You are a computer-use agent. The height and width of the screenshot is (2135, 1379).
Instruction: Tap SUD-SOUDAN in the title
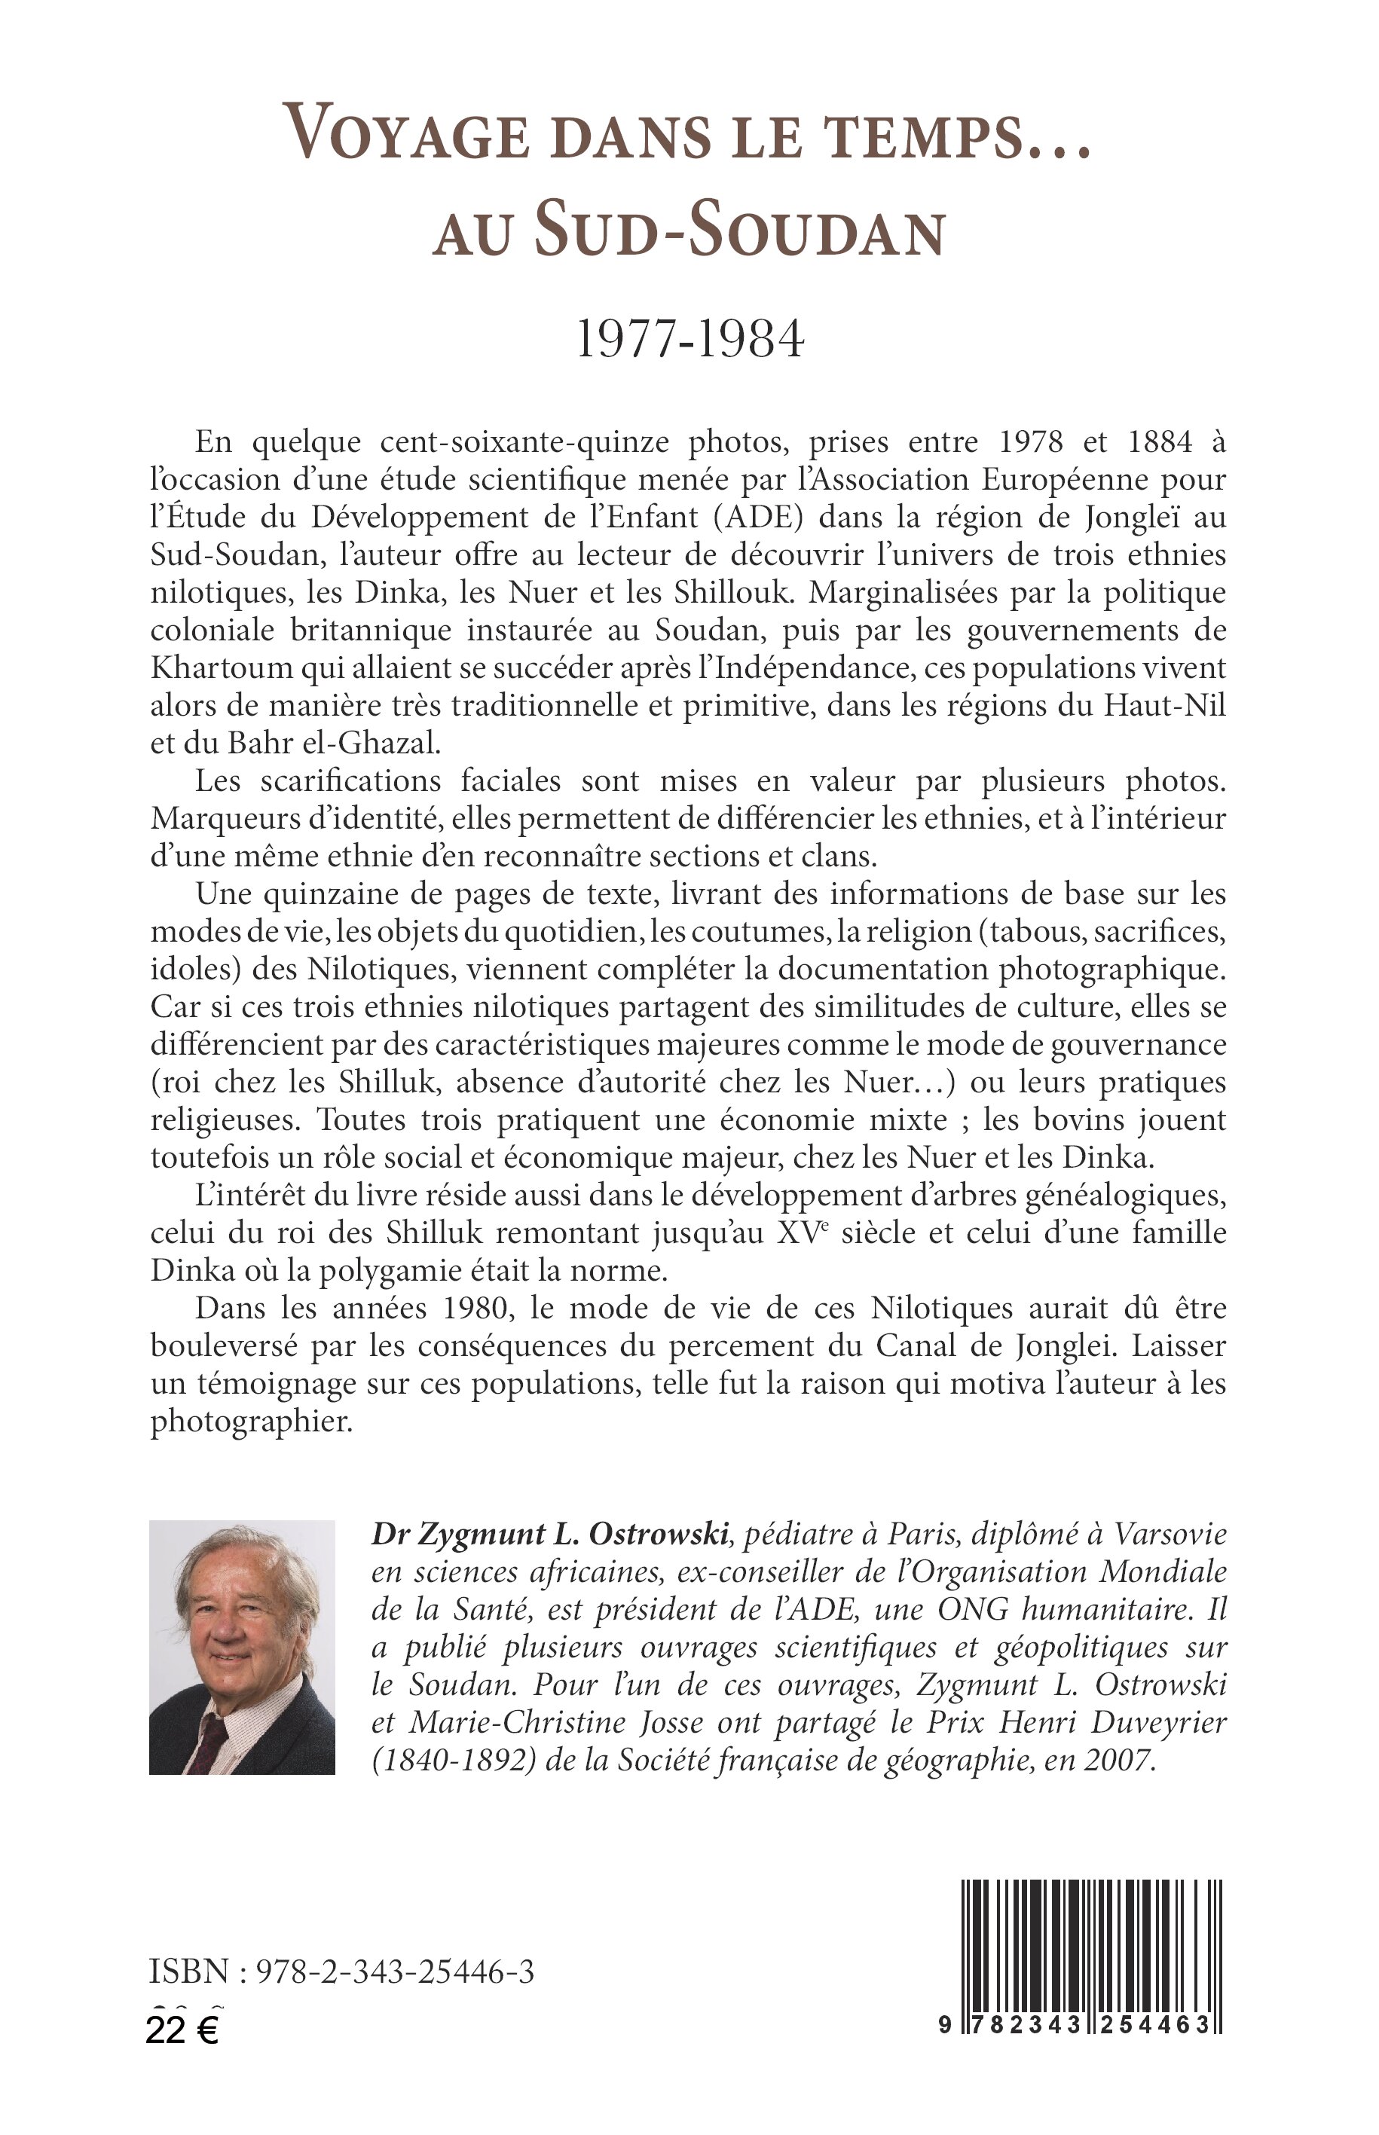tap(741, 232)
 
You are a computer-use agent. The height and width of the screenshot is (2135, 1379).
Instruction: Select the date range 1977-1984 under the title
tap(689, 341)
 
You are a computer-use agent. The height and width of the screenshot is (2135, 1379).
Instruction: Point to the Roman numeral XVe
tap(803, 1232)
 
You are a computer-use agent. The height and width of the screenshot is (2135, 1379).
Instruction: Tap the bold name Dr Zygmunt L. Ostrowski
tap(550, 1535)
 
